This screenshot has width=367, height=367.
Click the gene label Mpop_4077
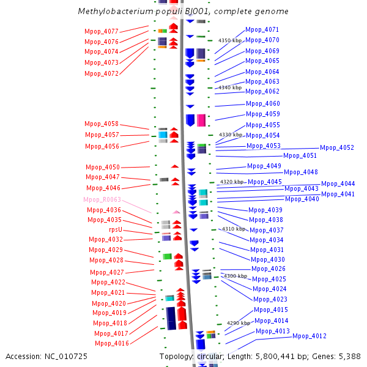click(102, 31)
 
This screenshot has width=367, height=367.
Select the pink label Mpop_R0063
click(102, 199)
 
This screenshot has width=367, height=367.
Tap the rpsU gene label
click(116, 229)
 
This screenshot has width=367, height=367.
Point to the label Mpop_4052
click(337, 147)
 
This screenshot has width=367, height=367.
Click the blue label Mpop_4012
click(310, 336)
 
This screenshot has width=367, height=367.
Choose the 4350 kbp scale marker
click(230, 40)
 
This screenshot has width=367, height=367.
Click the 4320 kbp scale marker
click(232, 182)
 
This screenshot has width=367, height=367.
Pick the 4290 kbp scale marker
click(239, 323)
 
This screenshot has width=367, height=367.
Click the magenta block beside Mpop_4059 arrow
click(201, 120)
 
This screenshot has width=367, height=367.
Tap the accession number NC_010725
click(66, 357)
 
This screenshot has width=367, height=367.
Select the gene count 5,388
click(350, 357)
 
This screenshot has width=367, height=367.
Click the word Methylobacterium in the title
click(116, 12)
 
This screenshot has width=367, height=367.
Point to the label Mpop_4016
click(112, 343)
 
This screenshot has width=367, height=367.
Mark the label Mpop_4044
click(338, 183)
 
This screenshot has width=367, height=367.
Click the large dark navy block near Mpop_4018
click(171, 318)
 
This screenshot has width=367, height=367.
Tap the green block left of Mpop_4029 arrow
click(167, 256)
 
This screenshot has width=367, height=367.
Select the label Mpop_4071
click(262, 30)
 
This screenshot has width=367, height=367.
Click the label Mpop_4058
click(102, 124)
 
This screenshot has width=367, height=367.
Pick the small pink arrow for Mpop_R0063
click(176, 212)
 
